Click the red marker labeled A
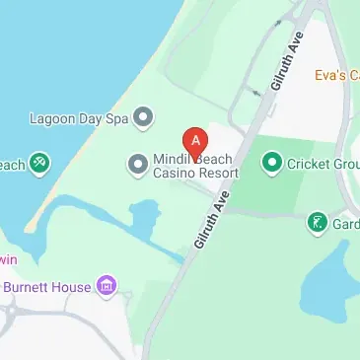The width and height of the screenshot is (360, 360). [x=195, y=141]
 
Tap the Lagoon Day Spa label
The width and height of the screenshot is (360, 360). [x=80, y=118]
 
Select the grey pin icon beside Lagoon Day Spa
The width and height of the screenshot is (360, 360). [x=144, y=118]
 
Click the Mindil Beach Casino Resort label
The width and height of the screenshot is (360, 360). [x=195, y=166]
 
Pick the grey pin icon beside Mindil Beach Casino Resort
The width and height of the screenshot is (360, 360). [x=137, y=162]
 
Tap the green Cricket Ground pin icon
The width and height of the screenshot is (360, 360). [x=271, y=161]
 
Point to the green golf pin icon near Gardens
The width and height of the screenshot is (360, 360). [x=317, y=223]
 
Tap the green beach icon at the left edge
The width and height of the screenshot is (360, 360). [x=39, y=163]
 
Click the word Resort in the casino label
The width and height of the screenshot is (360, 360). [x=218, y=173]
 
